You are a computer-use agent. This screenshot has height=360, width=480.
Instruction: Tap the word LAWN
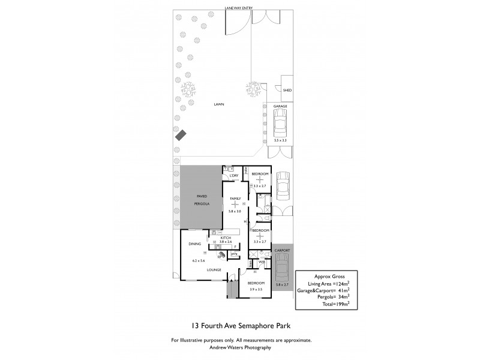pyautogui.click(x=219, y=104)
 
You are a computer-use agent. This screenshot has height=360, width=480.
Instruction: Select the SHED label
pyautogui.click(x=287, y=90)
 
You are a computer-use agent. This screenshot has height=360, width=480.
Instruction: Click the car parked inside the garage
pyautogui.click(x=280, y=124)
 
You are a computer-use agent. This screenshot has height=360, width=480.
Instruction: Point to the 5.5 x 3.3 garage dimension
pyautogui.click(x=280, y=140)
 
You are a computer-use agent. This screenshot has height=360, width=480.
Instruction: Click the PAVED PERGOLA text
pyautogui.click(x=202, y=200)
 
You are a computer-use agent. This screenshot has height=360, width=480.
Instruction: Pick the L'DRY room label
pyautogui.click(x=235, y=175)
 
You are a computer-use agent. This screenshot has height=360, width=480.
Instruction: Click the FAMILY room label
pyautogui.click(x=235, y=198)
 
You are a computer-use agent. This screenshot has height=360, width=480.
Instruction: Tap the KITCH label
pyautogui.click(x=226, y=238)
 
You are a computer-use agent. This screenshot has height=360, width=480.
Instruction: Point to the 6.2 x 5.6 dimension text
pyautogui.click(x=199, y=261)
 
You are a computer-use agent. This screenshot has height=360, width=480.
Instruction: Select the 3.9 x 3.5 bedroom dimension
pyautogui.click(x=256, y=289)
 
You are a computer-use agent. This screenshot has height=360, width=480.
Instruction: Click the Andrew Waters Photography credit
pyautogui.click(x=240, y=347)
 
